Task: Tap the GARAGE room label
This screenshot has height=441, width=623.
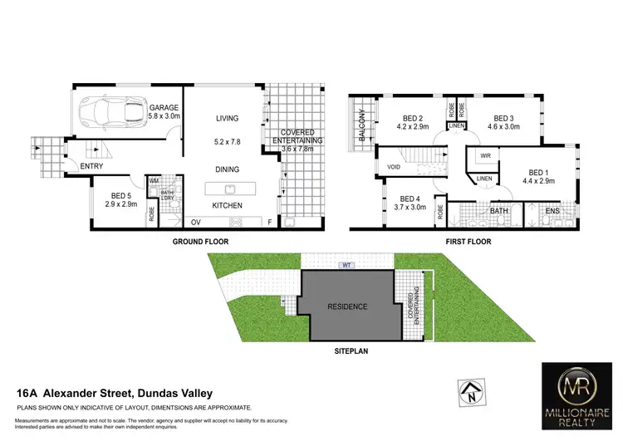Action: pos(164,108)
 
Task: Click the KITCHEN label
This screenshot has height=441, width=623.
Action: pos(227,205)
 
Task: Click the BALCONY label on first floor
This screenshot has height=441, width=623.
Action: pos(361,129)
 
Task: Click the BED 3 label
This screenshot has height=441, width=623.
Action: pos(504,118)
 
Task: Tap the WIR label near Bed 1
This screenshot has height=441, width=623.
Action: pos(485,155)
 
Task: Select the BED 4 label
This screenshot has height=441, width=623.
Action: pos(411,199)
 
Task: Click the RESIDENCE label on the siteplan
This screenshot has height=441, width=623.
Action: pos(346,306)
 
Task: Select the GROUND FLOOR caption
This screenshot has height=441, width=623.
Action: pos(200,242)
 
